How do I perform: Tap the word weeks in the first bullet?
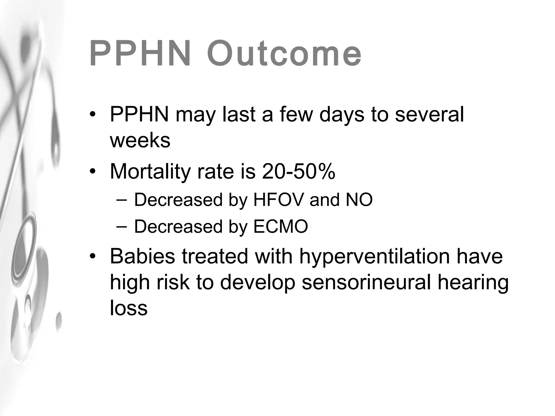(140, 141)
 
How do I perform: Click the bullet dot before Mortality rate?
(93, 172)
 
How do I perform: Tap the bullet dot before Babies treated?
(93, 256)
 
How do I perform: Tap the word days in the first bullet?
(341, 115)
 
